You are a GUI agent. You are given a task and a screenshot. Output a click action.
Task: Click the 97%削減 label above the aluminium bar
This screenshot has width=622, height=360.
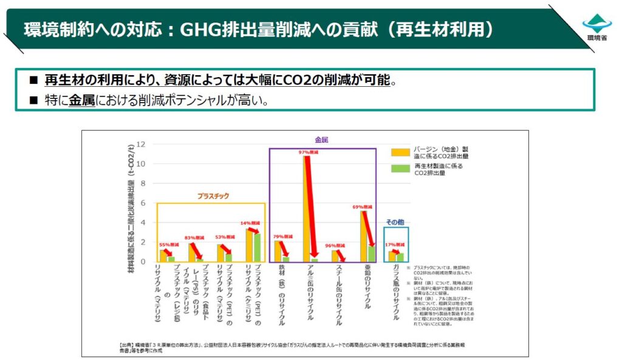[x=307, y=152]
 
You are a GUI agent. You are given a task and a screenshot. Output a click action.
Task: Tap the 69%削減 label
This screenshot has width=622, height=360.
[x=363, y=206]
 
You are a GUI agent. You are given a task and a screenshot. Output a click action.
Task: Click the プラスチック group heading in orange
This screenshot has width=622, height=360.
[x=213, y=196]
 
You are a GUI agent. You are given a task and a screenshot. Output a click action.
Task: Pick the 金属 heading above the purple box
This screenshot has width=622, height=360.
[x=321, y=140]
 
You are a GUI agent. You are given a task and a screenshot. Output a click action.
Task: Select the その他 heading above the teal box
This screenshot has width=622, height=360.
[x=395, y=222]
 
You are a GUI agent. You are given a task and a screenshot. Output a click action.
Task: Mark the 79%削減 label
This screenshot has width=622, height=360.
[x=279, y=236]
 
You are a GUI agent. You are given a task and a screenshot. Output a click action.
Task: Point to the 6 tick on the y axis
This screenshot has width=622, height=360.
[x=142, y=203]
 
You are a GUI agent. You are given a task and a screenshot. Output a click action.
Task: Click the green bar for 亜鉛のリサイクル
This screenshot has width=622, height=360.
[x=371, y=253]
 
